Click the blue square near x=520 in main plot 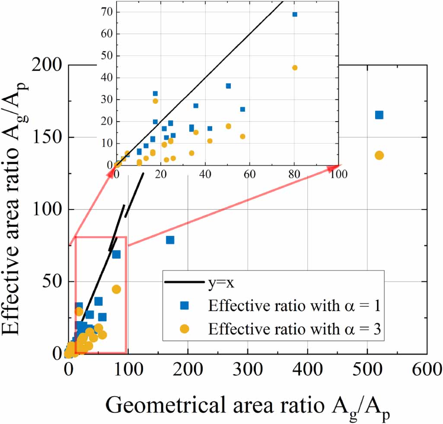click(379, 115)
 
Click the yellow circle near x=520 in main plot click(379, 155)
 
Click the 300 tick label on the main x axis click(248, 370)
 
